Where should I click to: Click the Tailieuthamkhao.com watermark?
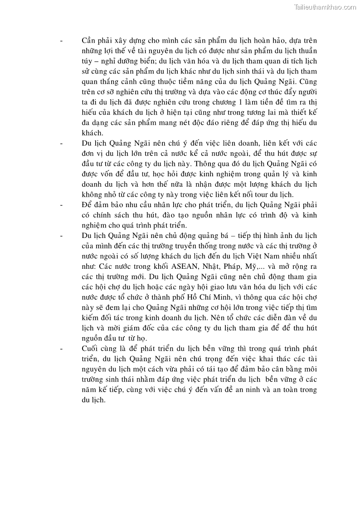[x=325, y=7]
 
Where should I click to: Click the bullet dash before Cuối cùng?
[x=61, y=348]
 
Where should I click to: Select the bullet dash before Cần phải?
[x=61, y=40]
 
